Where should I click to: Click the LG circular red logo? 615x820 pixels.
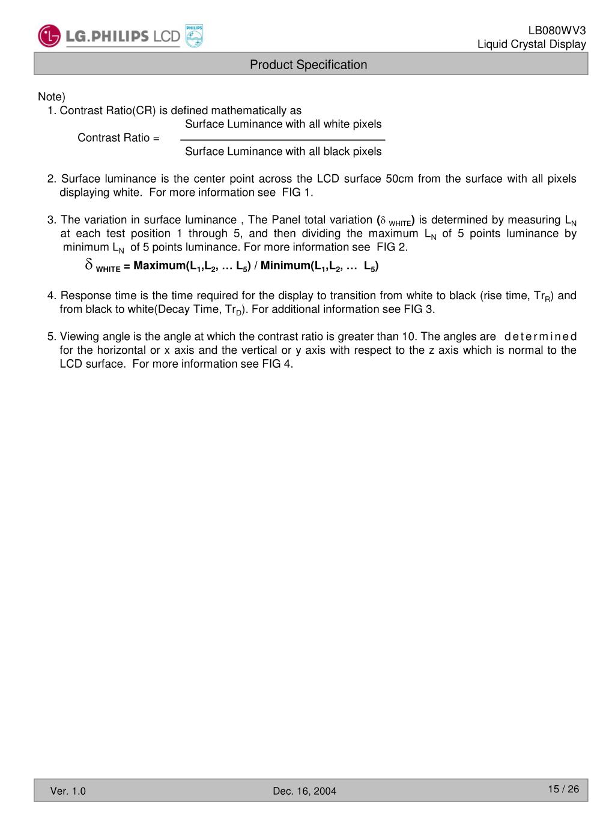[49, 36]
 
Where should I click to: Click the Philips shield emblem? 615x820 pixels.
[194, 36]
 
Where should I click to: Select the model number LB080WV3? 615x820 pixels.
[557, 31]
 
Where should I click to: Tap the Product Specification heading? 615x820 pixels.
[308, 65]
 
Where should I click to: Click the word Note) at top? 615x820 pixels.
[52, 97]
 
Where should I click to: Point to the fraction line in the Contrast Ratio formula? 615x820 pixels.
[282, 140]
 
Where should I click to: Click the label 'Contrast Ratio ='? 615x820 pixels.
[118, 138]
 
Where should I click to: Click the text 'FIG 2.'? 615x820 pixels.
[392, 248]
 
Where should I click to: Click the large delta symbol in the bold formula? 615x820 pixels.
[89, 264]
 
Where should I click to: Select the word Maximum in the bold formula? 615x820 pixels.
[159, 266]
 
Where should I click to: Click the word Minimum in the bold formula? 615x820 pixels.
[285, 266]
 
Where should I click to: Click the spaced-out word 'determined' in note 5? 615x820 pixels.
[541, 337]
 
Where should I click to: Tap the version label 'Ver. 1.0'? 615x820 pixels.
[68, 791]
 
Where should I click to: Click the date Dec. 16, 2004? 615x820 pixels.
[304, 791]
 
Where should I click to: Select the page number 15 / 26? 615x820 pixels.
[563, 789]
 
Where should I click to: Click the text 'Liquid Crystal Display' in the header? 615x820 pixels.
[532, 44]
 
